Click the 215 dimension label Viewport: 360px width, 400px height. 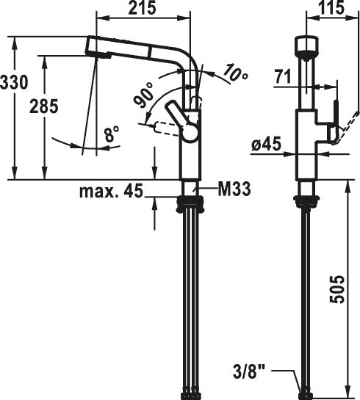pyautogui.click(x=142, y=7)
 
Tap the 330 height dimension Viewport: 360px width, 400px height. pyautogui.click(x=13, y=82)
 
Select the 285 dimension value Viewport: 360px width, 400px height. pyautogui.click(x=43, y=106)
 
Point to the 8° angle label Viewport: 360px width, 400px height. pyautogui.click(x=112, y=134)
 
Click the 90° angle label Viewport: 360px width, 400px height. pyautogui.click(x=144, y=95)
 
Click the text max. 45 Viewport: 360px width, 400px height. pyautogui.click(x=112, y=192)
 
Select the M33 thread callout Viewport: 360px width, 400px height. pyautogui.click(x=234, y=189)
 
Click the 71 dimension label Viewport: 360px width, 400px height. pyautogui.click(x=283, y=76)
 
